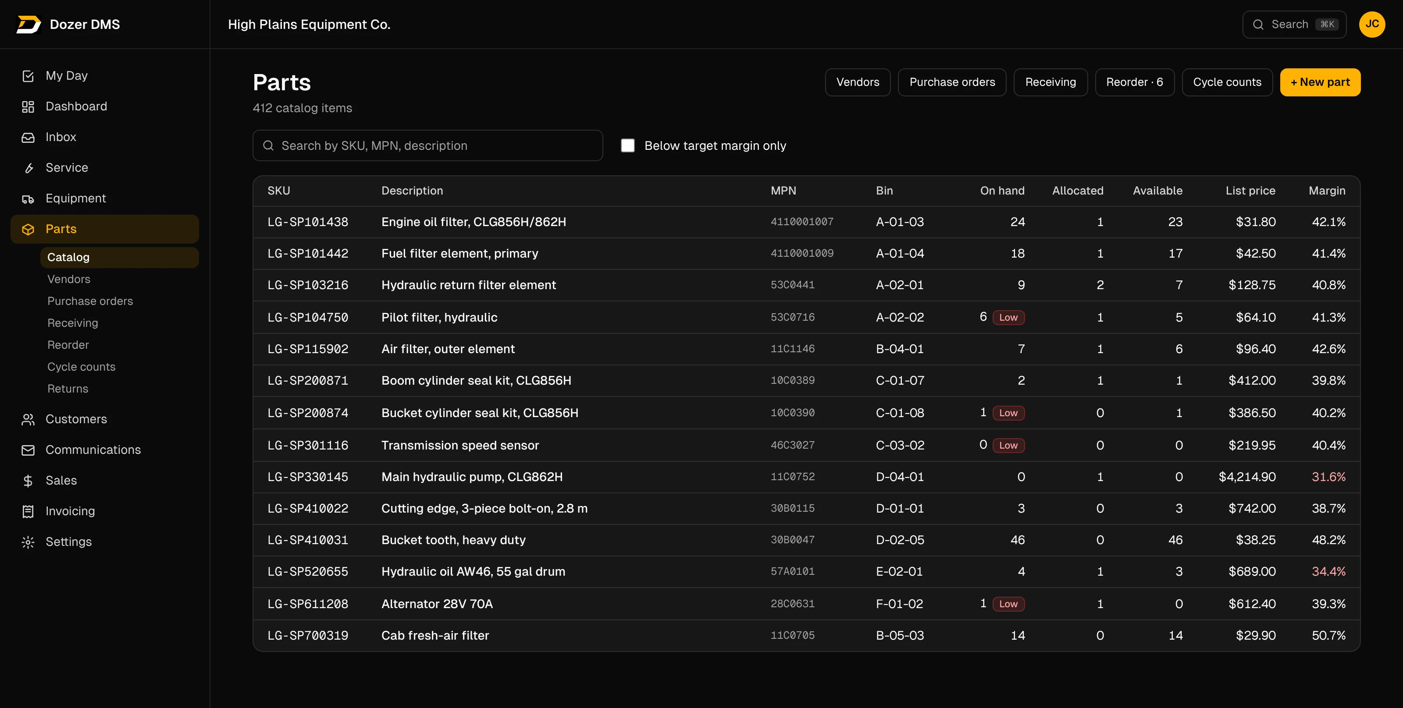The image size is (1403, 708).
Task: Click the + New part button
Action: click(1320, 82)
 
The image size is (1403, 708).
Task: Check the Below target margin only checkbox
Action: click(628, 145)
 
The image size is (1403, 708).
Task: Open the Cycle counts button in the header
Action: click(1227, 82)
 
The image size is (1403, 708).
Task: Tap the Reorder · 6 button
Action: click(1135, 82)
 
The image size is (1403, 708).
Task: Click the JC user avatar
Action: click(1372, 25)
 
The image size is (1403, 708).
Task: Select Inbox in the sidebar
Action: click(61, 137)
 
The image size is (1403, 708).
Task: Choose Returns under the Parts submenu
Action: click(68, 389)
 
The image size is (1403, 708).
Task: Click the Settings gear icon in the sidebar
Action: click(28, 542)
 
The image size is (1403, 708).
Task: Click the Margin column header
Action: click(1327, 191)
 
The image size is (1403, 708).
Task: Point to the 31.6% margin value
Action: click(1328, 477)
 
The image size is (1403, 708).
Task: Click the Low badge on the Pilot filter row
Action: click(1008, 317)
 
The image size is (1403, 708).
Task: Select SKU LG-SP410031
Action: click(308, 540)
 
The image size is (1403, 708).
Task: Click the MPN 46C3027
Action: click(792, 445)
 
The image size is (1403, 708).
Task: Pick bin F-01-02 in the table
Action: click(899, 604)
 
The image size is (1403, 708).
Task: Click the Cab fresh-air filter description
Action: click(435, 635)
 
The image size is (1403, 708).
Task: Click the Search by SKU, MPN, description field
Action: click(427, 145)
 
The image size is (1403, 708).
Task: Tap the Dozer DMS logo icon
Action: click(28, 25)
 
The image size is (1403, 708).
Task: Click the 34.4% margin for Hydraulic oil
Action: click(1328, 571)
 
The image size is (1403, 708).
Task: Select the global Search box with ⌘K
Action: click(1294, 25)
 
